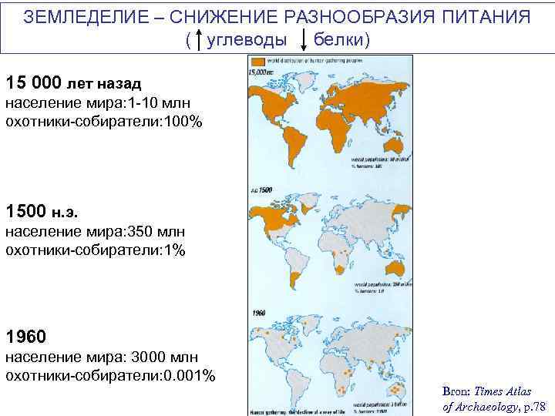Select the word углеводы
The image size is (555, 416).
247,39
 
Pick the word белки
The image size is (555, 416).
342,39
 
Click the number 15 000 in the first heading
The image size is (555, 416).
34,82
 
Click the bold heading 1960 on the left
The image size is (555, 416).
25,337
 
